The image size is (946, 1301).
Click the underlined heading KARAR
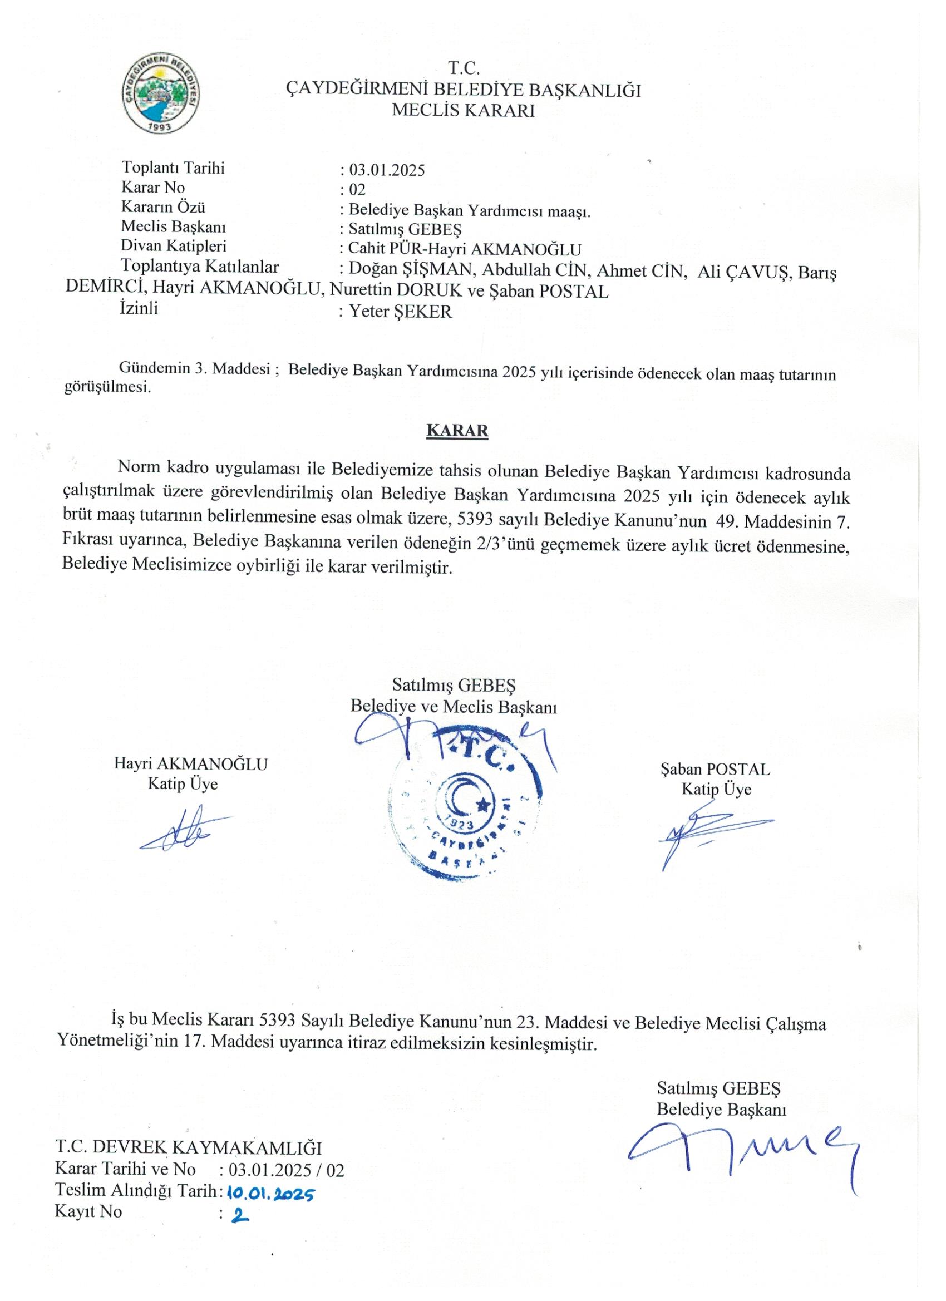tap(457, 431)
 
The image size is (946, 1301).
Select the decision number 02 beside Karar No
tap(357, 190)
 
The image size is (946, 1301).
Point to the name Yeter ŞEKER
tap(401, 312)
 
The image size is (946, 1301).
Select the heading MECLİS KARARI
tap(462, 111)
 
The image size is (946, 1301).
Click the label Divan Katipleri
tap(173, 246)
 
